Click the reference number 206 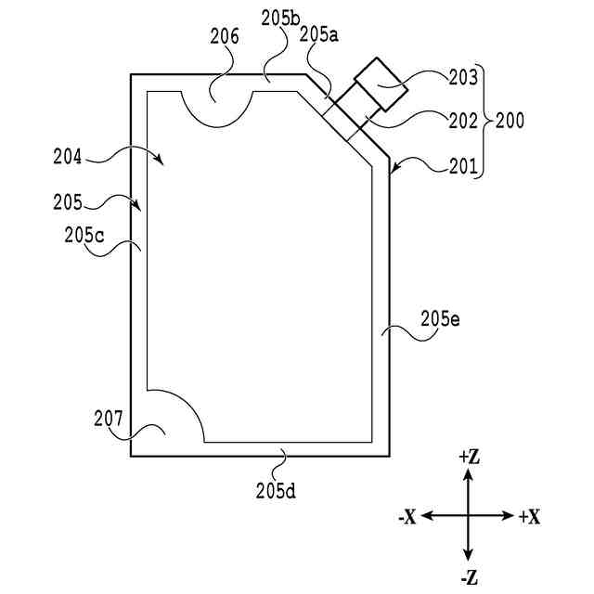pos(225,37)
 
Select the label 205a pos(320,34)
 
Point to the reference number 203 pos(463,78)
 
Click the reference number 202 pos(463,121)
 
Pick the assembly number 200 pos(510,121)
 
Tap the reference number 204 pos(67,158)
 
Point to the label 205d pos(276,489)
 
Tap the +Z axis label pos(469,457)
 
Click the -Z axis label pos(469,577)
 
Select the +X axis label pos(529,517)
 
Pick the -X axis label pos(407,517)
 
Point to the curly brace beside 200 pos(484,121)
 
